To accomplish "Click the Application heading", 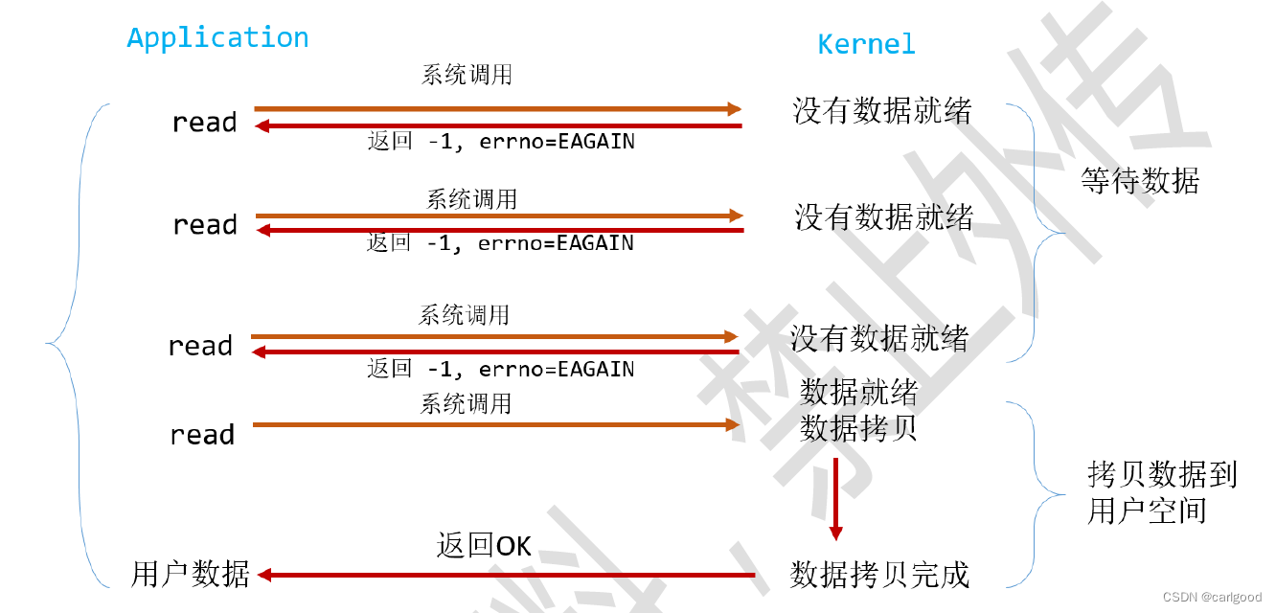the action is (x=217, y=37).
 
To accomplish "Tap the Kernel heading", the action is (x=866, y=44).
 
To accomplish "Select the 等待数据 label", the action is (x=1140, y=181).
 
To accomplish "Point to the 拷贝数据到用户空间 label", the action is (x=1162, y=492).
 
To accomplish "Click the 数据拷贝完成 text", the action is (x=879, y=575).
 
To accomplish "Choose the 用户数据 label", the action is (x=191, y=574).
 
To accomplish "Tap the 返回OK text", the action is (x=484, y=546).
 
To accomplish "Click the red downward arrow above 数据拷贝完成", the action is (x=835, y=498).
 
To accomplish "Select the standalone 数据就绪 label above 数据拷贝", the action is (x=859, y=392).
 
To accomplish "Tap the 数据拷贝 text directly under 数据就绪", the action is (x=859, y=427).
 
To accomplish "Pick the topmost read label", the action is (x=204, y=123).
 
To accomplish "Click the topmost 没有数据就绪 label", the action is (x=881, y=111).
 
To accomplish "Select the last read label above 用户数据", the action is (x=202, y=435).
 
